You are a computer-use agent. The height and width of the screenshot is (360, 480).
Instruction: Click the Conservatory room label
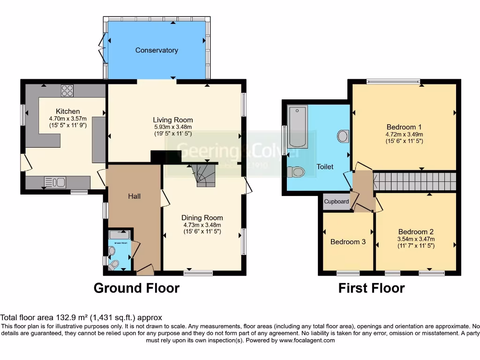tap(157, 50)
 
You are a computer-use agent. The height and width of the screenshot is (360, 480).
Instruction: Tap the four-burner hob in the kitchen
tap(67, 90)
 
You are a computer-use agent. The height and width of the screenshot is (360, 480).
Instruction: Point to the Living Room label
tap(173, 120)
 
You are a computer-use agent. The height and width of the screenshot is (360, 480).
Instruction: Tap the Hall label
tap(135, 196)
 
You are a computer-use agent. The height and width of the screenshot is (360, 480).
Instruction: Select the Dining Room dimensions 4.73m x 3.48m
tap(202, 225)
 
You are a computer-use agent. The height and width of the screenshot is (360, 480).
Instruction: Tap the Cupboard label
tap(337, 202)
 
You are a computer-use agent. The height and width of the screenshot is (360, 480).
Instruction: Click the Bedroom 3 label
tap(348, 242)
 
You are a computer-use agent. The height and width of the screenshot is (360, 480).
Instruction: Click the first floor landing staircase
tap(414, 181)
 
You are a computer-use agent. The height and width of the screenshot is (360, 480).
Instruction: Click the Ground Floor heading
tap(136, 288)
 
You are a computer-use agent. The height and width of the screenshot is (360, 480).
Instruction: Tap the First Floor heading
tap(371, 288)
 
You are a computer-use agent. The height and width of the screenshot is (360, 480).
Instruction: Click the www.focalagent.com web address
tap(307, 340)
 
